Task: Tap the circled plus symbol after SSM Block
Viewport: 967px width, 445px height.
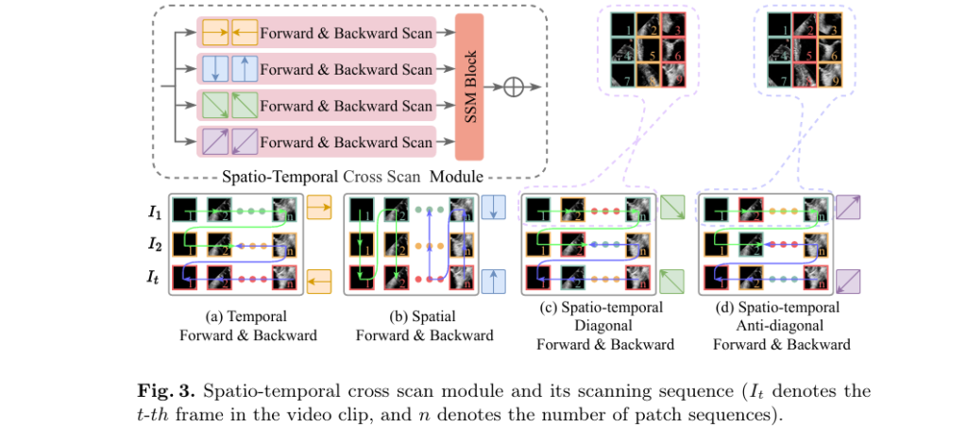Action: [x=513, y=87]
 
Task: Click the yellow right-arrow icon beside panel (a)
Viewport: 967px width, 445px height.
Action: [x=318, y=208]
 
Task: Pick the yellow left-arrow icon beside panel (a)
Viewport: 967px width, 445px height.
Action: [x=318, y=280]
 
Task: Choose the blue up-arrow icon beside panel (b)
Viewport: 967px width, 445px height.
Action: [x=493, y=281]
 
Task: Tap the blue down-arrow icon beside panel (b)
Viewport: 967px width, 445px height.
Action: [x=493, y=208]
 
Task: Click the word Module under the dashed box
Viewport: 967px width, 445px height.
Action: [x=458, y=177]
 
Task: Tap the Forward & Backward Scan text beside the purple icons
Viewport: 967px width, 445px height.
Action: [x=347, y=143]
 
